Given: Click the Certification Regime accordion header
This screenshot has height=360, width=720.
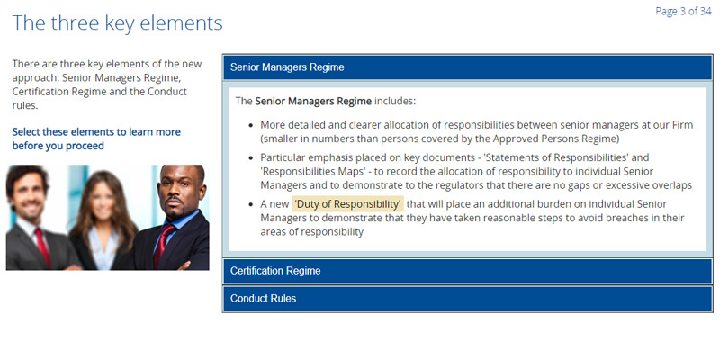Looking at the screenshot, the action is pyautogui.click(x=467, y=271).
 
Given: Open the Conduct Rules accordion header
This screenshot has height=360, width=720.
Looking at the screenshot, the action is pyautogui.click(x=467, y=299).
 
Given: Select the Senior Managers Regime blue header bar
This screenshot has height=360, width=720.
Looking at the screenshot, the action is pyautogui.click(x=467, y=67).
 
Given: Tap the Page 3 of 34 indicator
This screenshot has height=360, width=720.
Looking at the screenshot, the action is pyautogui.click(x=683, y=11).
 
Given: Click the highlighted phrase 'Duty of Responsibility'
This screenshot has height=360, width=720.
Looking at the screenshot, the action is pyautogui.click(x=348, y=204).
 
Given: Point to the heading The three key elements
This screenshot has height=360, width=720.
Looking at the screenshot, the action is pyautogui.click(x=118, y=22).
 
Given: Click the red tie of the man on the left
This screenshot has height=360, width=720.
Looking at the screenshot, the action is pyautogui.click(x=42, y=247).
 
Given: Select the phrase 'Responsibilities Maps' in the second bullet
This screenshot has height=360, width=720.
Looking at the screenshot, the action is pyautogui.click(x=311, y=172).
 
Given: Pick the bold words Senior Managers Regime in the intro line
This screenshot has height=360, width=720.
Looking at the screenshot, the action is pyautogui.click(x=313, y=101).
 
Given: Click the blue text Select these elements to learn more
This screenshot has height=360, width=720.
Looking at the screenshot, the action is pyautogui.click(x=96, y=132).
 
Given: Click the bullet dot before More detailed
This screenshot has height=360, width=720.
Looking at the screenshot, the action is pyautogui.click(x=251, y=125).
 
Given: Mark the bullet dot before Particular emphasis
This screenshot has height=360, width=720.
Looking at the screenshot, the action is pyautogui.click(x=251, y=158).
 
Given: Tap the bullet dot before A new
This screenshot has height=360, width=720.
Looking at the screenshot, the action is pyautogui.click(x=251, y=204).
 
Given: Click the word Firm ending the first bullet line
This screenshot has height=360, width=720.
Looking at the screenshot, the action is pyautogui.click(x=683, y=125).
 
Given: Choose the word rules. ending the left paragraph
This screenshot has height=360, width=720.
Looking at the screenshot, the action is pyautogui.click(x=25, y=105).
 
